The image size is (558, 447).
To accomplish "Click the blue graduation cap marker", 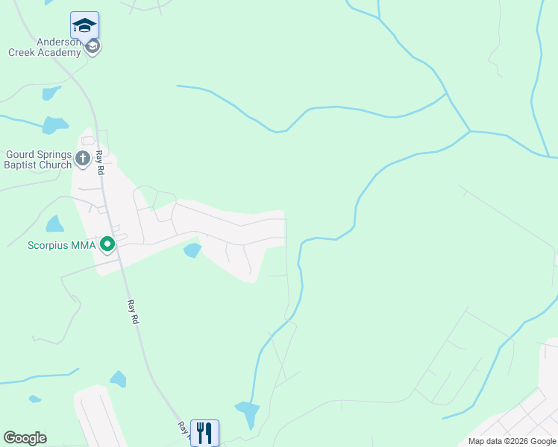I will click(x=84, y=26).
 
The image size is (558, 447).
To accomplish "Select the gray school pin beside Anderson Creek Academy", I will click(x=93, y=48).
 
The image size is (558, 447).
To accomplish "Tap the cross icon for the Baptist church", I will click(x=82, y=158).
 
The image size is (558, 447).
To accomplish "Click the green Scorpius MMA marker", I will click(x=107, y=244).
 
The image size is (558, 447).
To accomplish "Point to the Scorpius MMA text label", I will click(x=62, y=244).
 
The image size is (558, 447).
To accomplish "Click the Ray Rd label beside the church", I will click(x=101, y=165).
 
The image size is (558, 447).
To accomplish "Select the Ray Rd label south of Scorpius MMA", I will click(x=133, y=311).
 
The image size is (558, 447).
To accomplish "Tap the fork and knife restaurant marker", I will click(x=204, y=433).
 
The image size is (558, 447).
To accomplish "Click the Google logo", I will click(x=25, y=438).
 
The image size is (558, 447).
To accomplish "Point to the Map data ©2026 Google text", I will click(x=512, y=441).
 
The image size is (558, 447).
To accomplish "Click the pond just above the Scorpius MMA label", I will click(x=54, y=223).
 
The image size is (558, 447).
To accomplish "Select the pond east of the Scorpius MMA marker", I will click(x=192, y=250).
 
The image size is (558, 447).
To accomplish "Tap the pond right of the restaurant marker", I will click(x=247, y=411).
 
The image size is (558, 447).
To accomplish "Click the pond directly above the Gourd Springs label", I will click(x=54, y=125).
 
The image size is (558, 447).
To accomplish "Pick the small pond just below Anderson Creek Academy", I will click(x=51, y=93).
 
